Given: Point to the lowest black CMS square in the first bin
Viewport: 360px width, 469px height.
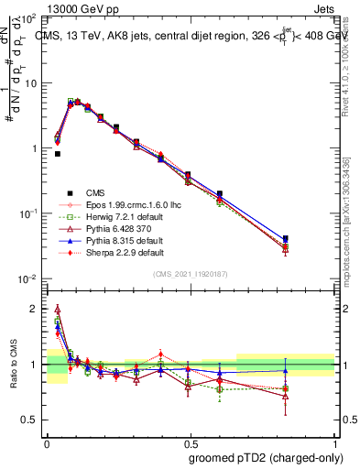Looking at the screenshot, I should [x=58, y=154].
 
